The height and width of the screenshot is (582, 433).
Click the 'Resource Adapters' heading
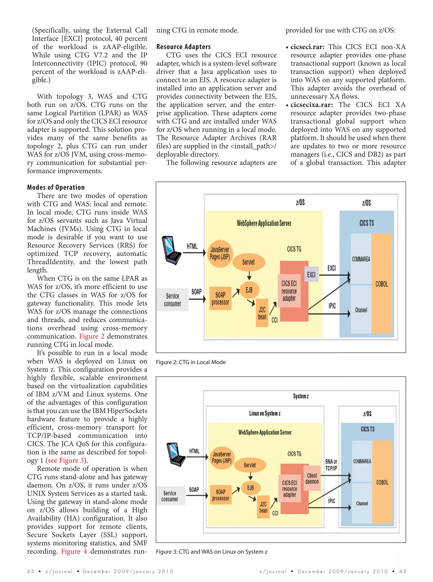tap(183, 47)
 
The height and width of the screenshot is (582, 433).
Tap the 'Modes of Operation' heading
tap(56, 187)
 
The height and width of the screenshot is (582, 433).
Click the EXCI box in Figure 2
tap(311, 274)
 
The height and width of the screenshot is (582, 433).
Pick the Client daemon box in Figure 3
tap(312, 478)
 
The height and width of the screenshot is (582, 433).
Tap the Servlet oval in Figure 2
tap(248, 262)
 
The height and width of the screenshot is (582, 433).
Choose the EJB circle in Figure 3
tap(250, 488)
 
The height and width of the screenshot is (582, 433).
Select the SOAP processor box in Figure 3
tap(221, 495)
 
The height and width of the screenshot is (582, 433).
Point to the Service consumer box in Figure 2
tap(173, 300)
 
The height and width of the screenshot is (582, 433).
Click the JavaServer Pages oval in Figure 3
tap(222, 458)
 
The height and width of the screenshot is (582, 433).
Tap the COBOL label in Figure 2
tap(381, 284)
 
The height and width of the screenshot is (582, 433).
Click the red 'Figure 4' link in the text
tap(74, 551)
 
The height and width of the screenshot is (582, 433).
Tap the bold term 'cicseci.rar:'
tap(307, 47)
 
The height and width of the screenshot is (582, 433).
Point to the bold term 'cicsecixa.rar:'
tap(311, 105)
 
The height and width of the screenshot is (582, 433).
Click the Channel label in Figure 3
tap(362, 504)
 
